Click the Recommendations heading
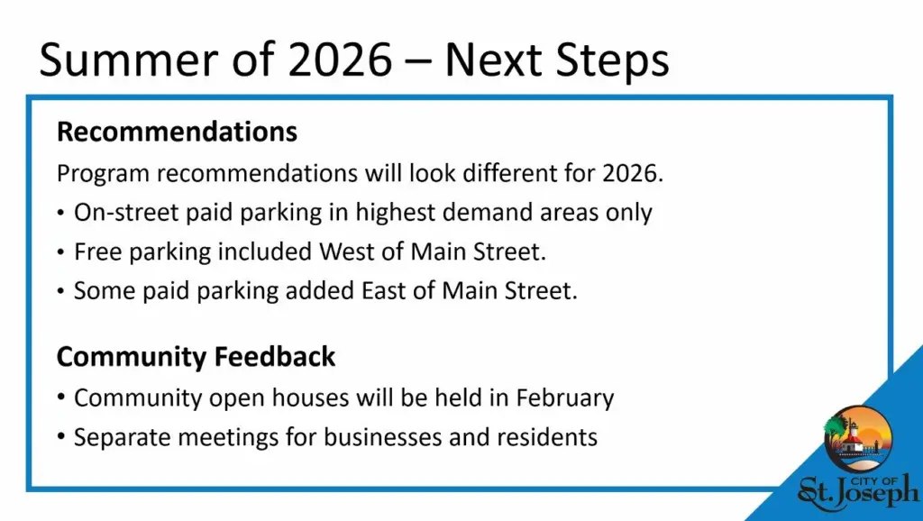[178, 132]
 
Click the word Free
[97, 252]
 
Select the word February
[565, 398]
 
